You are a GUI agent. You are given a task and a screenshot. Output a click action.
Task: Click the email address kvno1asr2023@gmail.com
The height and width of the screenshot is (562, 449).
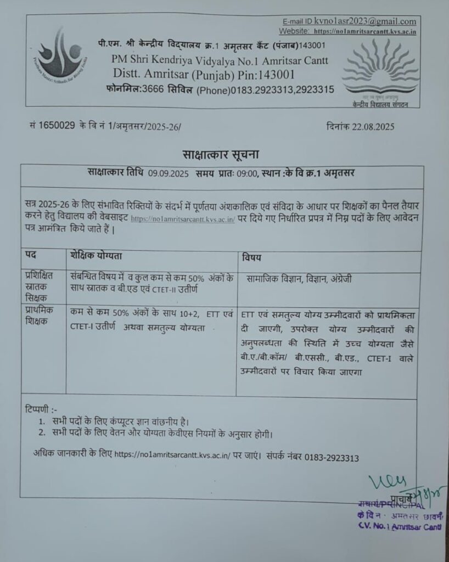pyautogui.click(x=365, y=21)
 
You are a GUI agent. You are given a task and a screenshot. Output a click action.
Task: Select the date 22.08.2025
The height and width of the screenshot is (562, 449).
pyautogui.click(x=373, y=126)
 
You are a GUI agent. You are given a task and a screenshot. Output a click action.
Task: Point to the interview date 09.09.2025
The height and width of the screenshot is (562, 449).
pyautogui.click(x=169, y=173)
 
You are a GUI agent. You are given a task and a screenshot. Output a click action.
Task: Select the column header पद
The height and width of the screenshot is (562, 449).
pyautogui.click(x=31, y=257)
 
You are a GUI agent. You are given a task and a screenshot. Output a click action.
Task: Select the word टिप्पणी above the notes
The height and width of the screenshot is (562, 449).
pyautogui.click(x=41, y=409)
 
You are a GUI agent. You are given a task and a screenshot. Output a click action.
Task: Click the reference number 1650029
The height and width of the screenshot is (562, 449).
pyautogui.click(x=55, y=126)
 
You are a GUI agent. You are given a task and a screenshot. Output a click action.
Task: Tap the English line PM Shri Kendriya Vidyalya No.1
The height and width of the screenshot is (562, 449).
pyautogui.click(x=220, y=59)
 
